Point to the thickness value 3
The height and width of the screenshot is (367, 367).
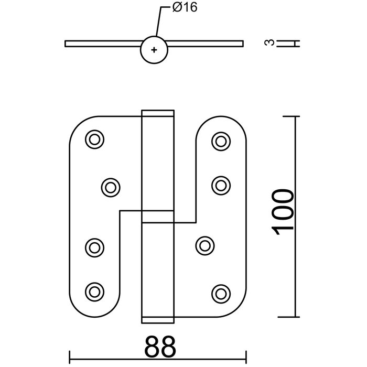(269, 43)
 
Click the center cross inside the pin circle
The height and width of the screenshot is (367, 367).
(154, 50)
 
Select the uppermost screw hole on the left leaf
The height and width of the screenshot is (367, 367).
(95, 139)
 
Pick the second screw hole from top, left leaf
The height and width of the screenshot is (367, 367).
(110, 186)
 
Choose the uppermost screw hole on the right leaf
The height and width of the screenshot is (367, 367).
(221, 139)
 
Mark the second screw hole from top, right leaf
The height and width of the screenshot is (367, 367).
(221, 184)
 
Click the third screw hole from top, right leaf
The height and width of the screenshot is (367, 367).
(205, 244)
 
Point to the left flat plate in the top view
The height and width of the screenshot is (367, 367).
(102, 44)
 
